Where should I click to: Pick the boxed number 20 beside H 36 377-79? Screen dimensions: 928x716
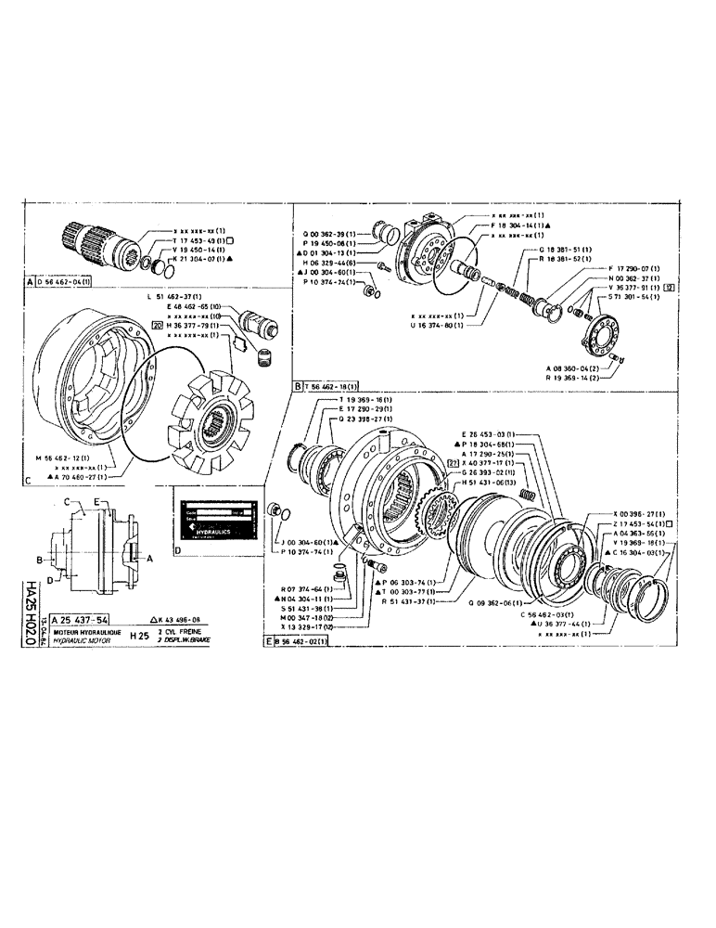(156, 326)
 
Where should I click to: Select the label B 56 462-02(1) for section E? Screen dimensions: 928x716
(305, 641)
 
